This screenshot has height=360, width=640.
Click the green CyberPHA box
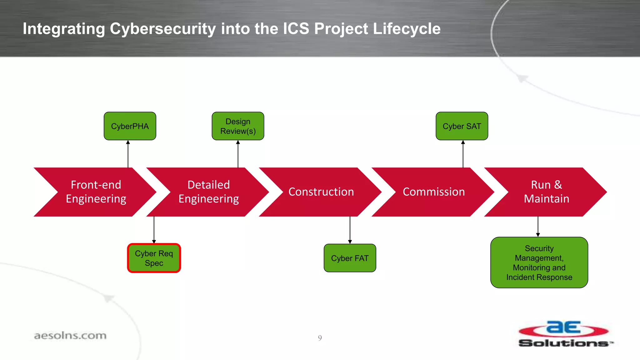coord(130,126)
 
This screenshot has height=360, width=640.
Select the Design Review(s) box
coord(238,126)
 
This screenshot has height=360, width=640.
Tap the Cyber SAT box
coord(462,126)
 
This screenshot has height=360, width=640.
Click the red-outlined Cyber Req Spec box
coord(154,258)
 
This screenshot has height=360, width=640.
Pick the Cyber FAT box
coord(350,258)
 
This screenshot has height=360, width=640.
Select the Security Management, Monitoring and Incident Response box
coord(539,262)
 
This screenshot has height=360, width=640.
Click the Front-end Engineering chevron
coord(96,192)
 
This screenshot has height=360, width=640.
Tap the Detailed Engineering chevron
coord(208,192)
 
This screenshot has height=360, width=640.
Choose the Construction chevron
coord(321,192)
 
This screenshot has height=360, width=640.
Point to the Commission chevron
coord(433,192)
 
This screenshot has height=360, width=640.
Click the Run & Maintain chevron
coord(546,192)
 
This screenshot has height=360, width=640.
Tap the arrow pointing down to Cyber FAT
coord(350,230)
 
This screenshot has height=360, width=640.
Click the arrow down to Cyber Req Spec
coord(154,230)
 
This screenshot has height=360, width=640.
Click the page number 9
coord(320,338)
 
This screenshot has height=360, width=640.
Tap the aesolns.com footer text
coord(70,336)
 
